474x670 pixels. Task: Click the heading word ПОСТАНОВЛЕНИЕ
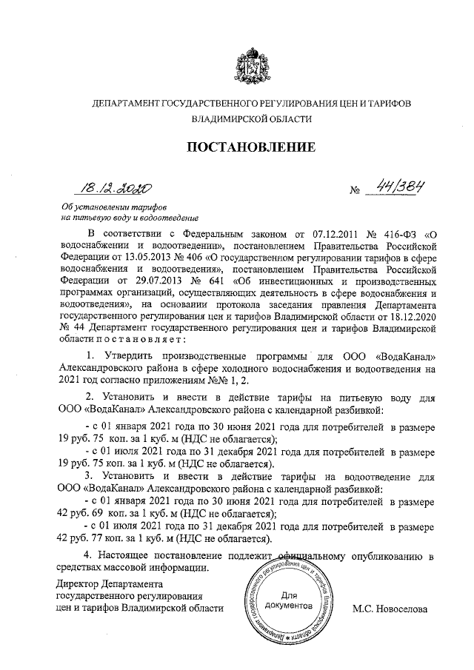tap(251, 147)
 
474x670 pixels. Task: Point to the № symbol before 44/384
tap(354, 193)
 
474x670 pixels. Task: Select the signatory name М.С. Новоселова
tap(391, 608)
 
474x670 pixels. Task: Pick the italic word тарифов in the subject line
tap(148, 207)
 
